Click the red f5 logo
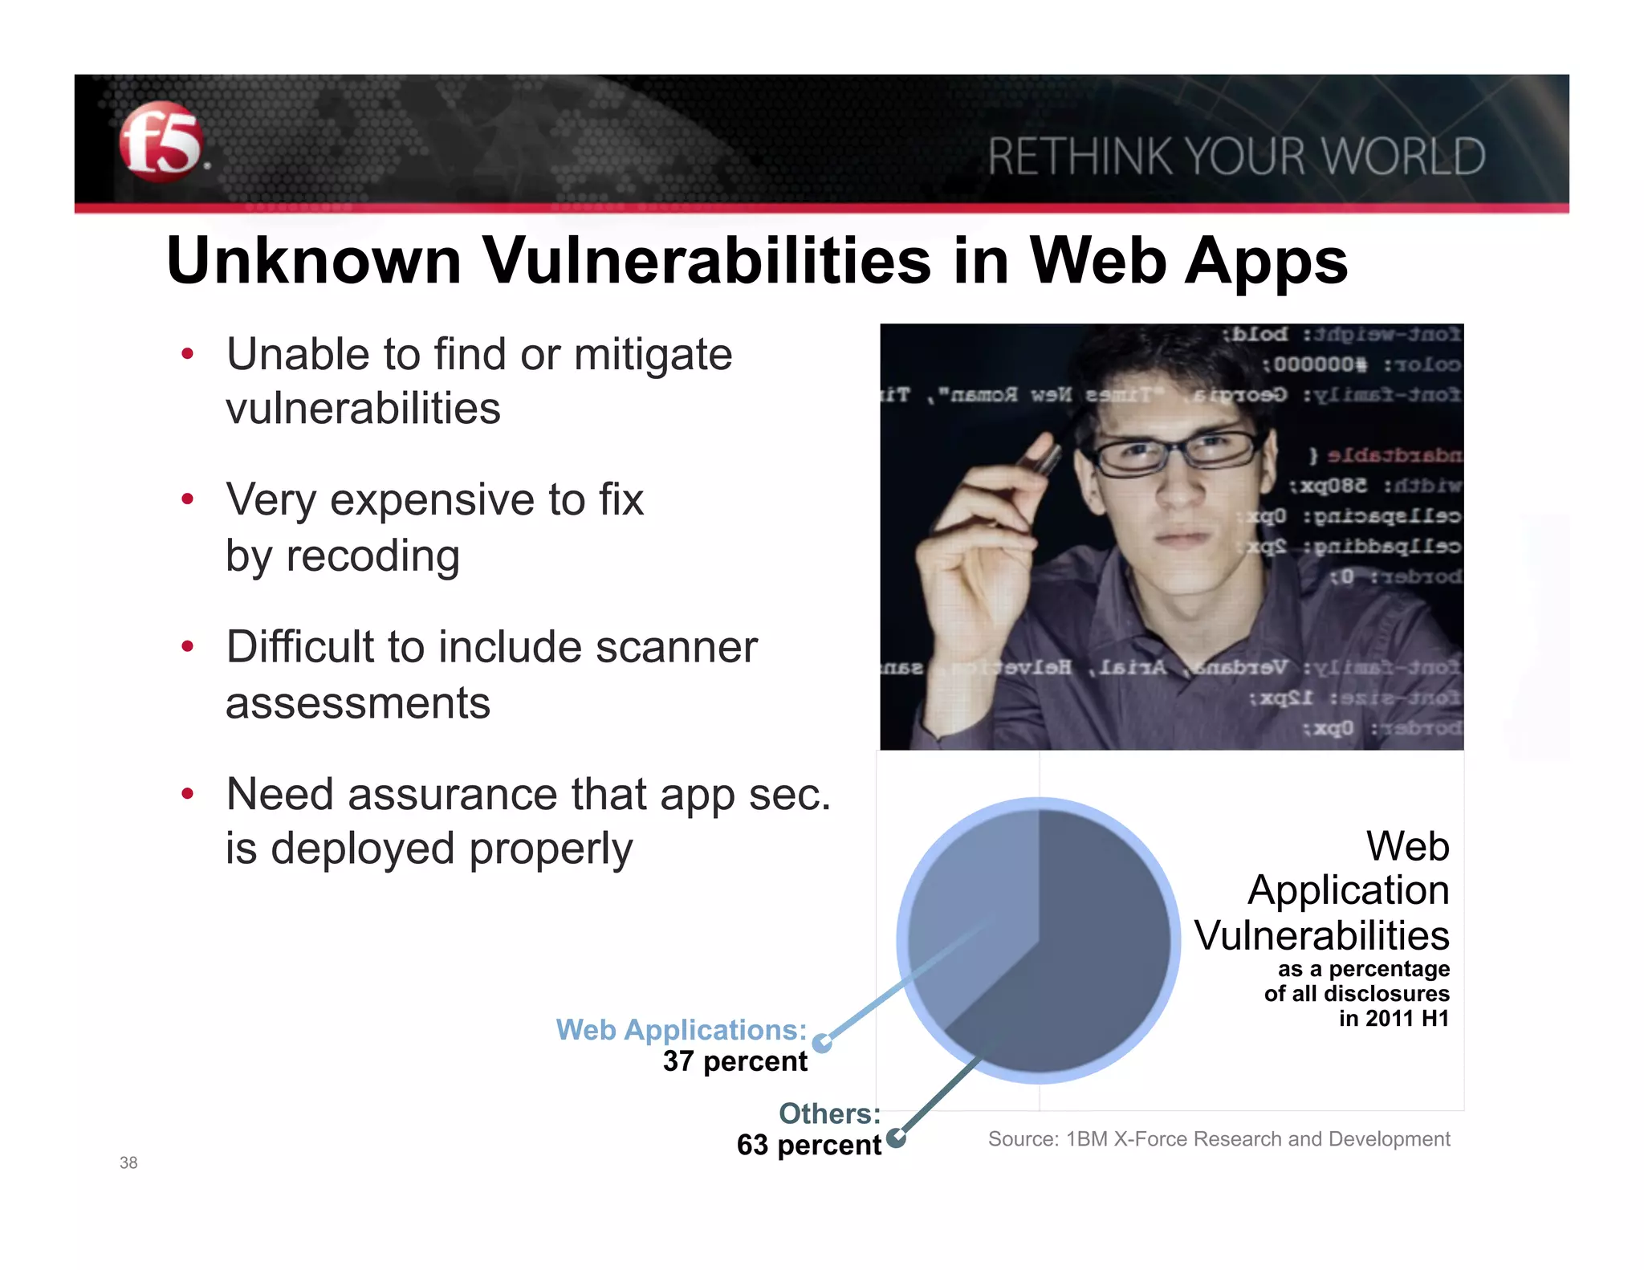point(161,141)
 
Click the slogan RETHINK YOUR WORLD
point(1236,157)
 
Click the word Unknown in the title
point(314,261)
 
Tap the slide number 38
point(128,1162)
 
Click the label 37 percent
point(735,1061)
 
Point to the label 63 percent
point(808,1145)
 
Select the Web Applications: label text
point(681,1030)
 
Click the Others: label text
point(829,1113)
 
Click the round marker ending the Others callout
point(897,1138)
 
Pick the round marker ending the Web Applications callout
point(821,1043)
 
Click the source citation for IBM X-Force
point(1219,1139)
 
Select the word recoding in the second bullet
point(372,556)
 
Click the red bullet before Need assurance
point(188,794)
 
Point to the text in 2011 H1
point(1394,1019)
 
